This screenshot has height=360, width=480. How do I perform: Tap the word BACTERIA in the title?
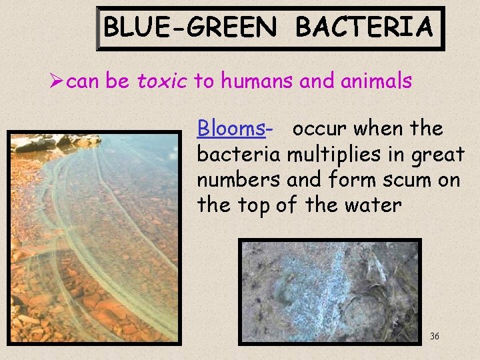364,28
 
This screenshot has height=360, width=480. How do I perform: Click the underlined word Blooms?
231,128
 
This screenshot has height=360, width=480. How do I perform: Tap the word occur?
320,128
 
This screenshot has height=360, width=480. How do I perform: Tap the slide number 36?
435,336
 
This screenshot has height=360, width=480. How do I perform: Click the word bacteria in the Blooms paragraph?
239,155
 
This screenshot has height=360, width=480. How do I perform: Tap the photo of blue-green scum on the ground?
330,289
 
